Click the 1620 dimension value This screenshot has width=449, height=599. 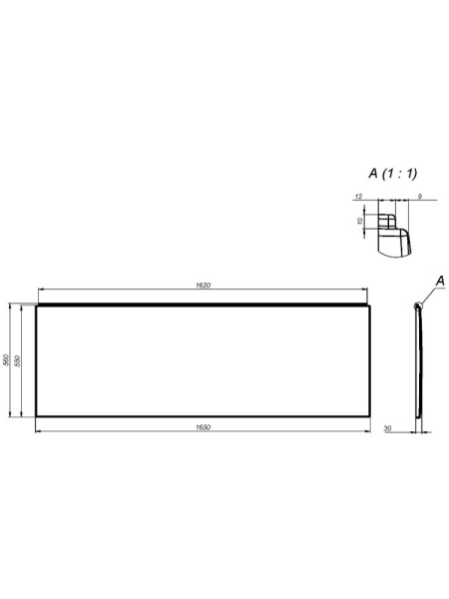(x=203, y=287)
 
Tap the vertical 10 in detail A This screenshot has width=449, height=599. (x=360, y=222)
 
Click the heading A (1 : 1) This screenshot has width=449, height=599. (x=393, y=174)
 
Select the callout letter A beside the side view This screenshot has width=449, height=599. (x=439, y=283)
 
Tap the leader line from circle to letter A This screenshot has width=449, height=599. (x=429, y=295)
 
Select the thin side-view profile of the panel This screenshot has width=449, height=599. (x=419, y=361)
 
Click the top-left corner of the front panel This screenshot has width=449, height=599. (x=36, y=304)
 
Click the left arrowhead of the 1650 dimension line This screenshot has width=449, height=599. (x=39, y=431)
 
